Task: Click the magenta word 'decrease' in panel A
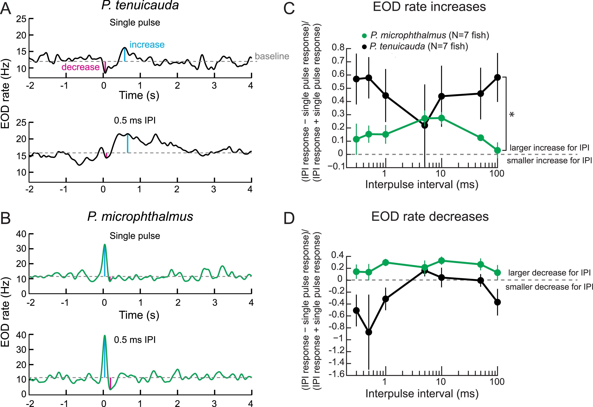point(80,67)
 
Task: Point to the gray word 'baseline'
point(272,56)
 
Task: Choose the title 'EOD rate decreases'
point(430,217)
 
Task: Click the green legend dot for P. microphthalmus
point(364,36)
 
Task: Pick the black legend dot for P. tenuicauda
point(364,47)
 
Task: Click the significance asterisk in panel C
point(512,115)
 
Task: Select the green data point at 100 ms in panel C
point(497,150)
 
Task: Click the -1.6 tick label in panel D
point(336,374)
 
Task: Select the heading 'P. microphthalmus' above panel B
point(140,217)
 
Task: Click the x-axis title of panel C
point(422,184)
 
